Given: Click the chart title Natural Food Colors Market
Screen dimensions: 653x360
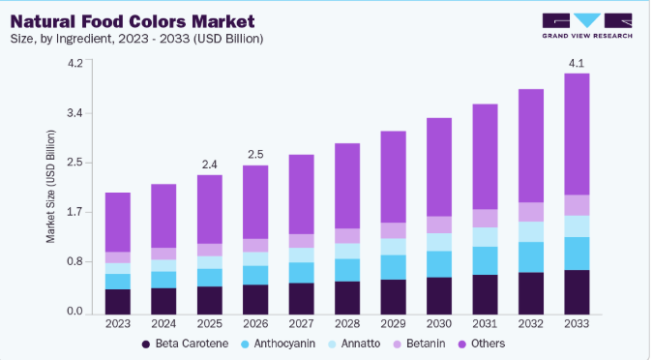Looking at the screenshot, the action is tap(133, 21).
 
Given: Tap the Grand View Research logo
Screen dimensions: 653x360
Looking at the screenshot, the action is tap(587, 26).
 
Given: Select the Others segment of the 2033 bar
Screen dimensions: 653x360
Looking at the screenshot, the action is tap(577, 135).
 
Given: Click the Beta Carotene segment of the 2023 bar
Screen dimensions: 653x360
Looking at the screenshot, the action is tap(118, 302).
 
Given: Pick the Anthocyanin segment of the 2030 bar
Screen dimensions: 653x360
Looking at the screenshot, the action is tap(439, 264).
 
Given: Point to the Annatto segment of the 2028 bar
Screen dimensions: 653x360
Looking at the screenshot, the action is tap(347, 252).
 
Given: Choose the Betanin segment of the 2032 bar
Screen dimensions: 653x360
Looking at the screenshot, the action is tap(531, 212).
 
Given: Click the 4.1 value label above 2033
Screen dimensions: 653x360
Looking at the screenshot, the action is tap(577, 63).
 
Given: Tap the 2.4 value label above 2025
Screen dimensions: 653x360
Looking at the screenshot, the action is tap(210, 165).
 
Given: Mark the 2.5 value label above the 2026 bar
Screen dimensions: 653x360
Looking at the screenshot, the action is tap(255, 155).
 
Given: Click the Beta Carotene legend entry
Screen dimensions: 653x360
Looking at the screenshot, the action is tap(186, 344).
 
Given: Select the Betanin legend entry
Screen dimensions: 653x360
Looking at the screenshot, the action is tap(419, 344).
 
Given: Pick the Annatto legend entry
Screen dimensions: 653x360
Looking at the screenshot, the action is tap(354, 344).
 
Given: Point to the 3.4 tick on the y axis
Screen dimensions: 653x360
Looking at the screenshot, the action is tap(74, 113).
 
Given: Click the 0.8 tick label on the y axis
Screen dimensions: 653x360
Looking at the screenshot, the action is tap(74, 262).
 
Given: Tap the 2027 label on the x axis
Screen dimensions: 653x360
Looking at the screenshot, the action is tap(302, 324).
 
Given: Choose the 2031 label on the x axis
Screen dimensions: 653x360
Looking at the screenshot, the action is tap(485, 324).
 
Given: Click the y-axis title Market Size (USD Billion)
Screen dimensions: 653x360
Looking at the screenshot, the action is tap(50, 187).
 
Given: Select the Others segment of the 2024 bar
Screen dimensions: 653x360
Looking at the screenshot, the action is tap(163, 216).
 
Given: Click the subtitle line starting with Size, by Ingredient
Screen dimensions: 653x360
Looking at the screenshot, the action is tap(136, 39).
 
